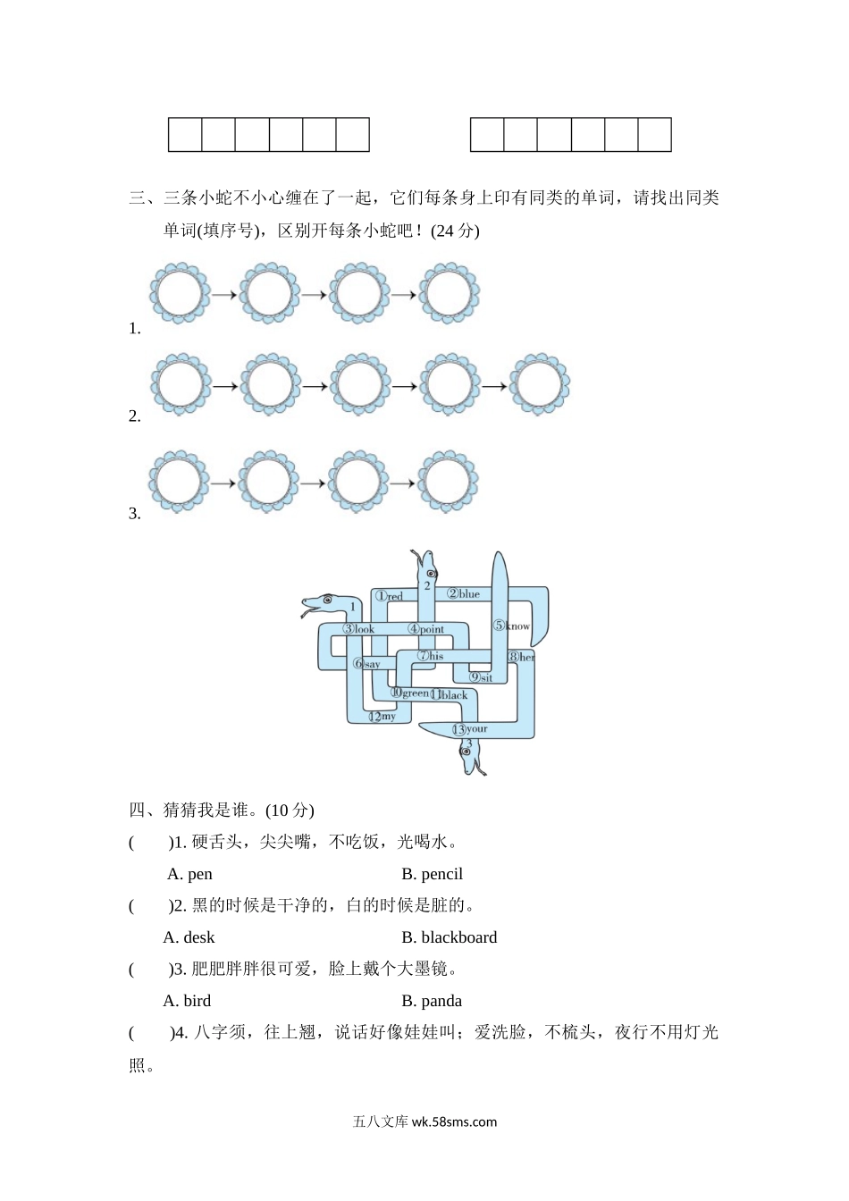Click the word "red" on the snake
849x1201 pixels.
[394, 596]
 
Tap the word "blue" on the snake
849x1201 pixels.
[469, 593]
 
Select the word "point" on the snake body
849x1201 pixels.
[432, 629]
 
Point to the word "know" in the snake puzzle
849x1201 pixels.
[517, 626]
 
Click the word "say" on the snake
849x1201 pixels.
[372, 664]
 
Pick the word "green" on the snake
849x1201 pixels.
[416, 693]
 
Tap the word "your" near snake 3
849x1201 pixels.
[476, 729]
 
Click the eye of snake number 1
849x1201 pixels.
[327, 599]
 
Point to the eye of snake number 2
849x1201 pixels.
[431, 573]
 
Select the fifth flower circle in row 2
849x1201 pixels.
[540, 385]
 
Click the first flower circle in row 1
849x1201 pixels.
[180, 293]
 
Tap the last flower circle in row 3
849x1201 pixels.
[450, 483]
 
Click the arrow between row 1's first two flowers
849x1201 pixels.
[224, 294]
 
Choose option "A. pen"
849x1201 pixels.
[189, 874]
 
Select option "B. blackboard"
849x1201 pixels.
[449, 937]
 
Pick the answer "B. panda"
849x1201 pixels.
[432, 1001]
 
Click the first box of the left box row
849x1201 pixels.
[185, 134]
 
